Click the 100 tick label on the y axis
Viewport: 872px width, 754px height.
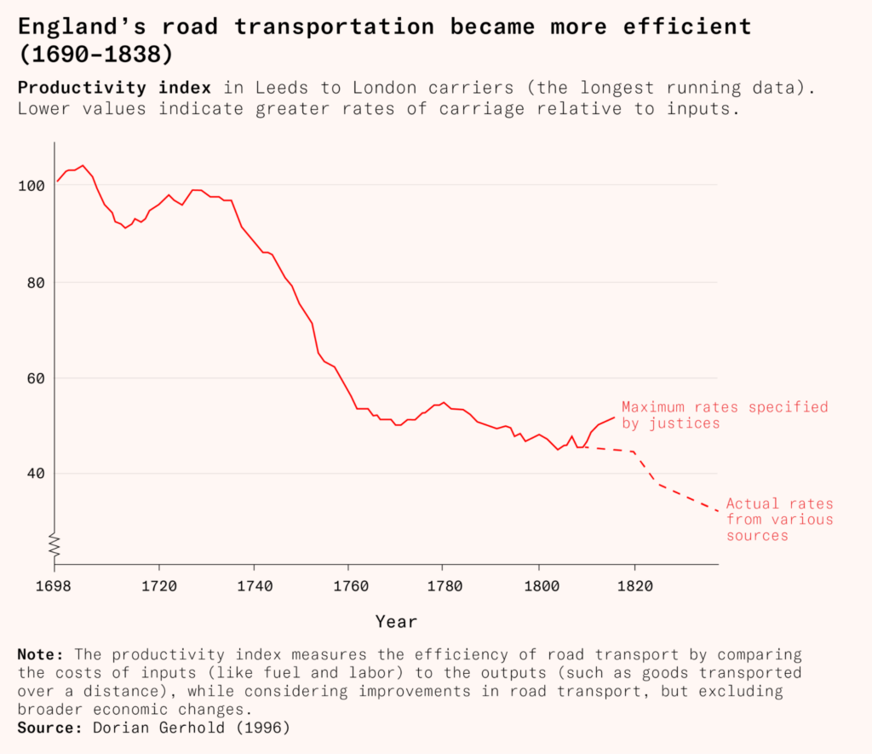tap(29, 186)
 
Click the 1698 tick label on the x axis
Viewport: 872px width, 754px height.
tap(54, 586)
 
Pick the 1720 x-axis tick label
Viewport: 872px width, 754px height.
tap(158, 586)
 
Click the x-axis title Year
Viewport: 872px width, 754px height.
tap(397, 622)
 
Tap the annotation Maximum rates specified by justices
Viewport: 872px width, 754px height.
tap(724, 415)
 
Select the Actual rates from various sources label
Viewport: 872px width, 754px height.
tap(779, 520)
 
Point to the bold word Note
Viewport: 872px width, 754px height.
tap(40, 655)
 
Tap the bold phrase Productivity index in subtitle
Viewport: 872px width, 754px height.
tap(114, 88)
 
